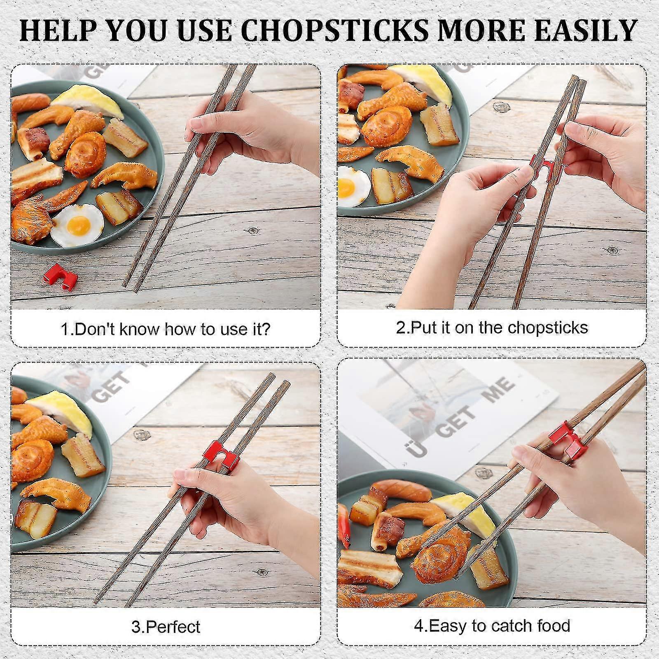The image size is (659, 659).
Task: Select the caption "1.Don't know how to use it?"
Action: pos(166,329)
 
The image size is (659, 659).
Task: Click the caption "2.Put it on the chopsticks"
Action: pos(492,328)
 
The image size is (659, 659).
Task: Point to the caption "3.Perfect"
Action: pos(166,627)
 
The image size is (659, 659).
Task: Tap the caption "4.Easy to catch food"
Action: pos(492,626)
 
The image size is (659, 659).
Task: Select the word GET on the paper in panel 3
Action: pos(109,388)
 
